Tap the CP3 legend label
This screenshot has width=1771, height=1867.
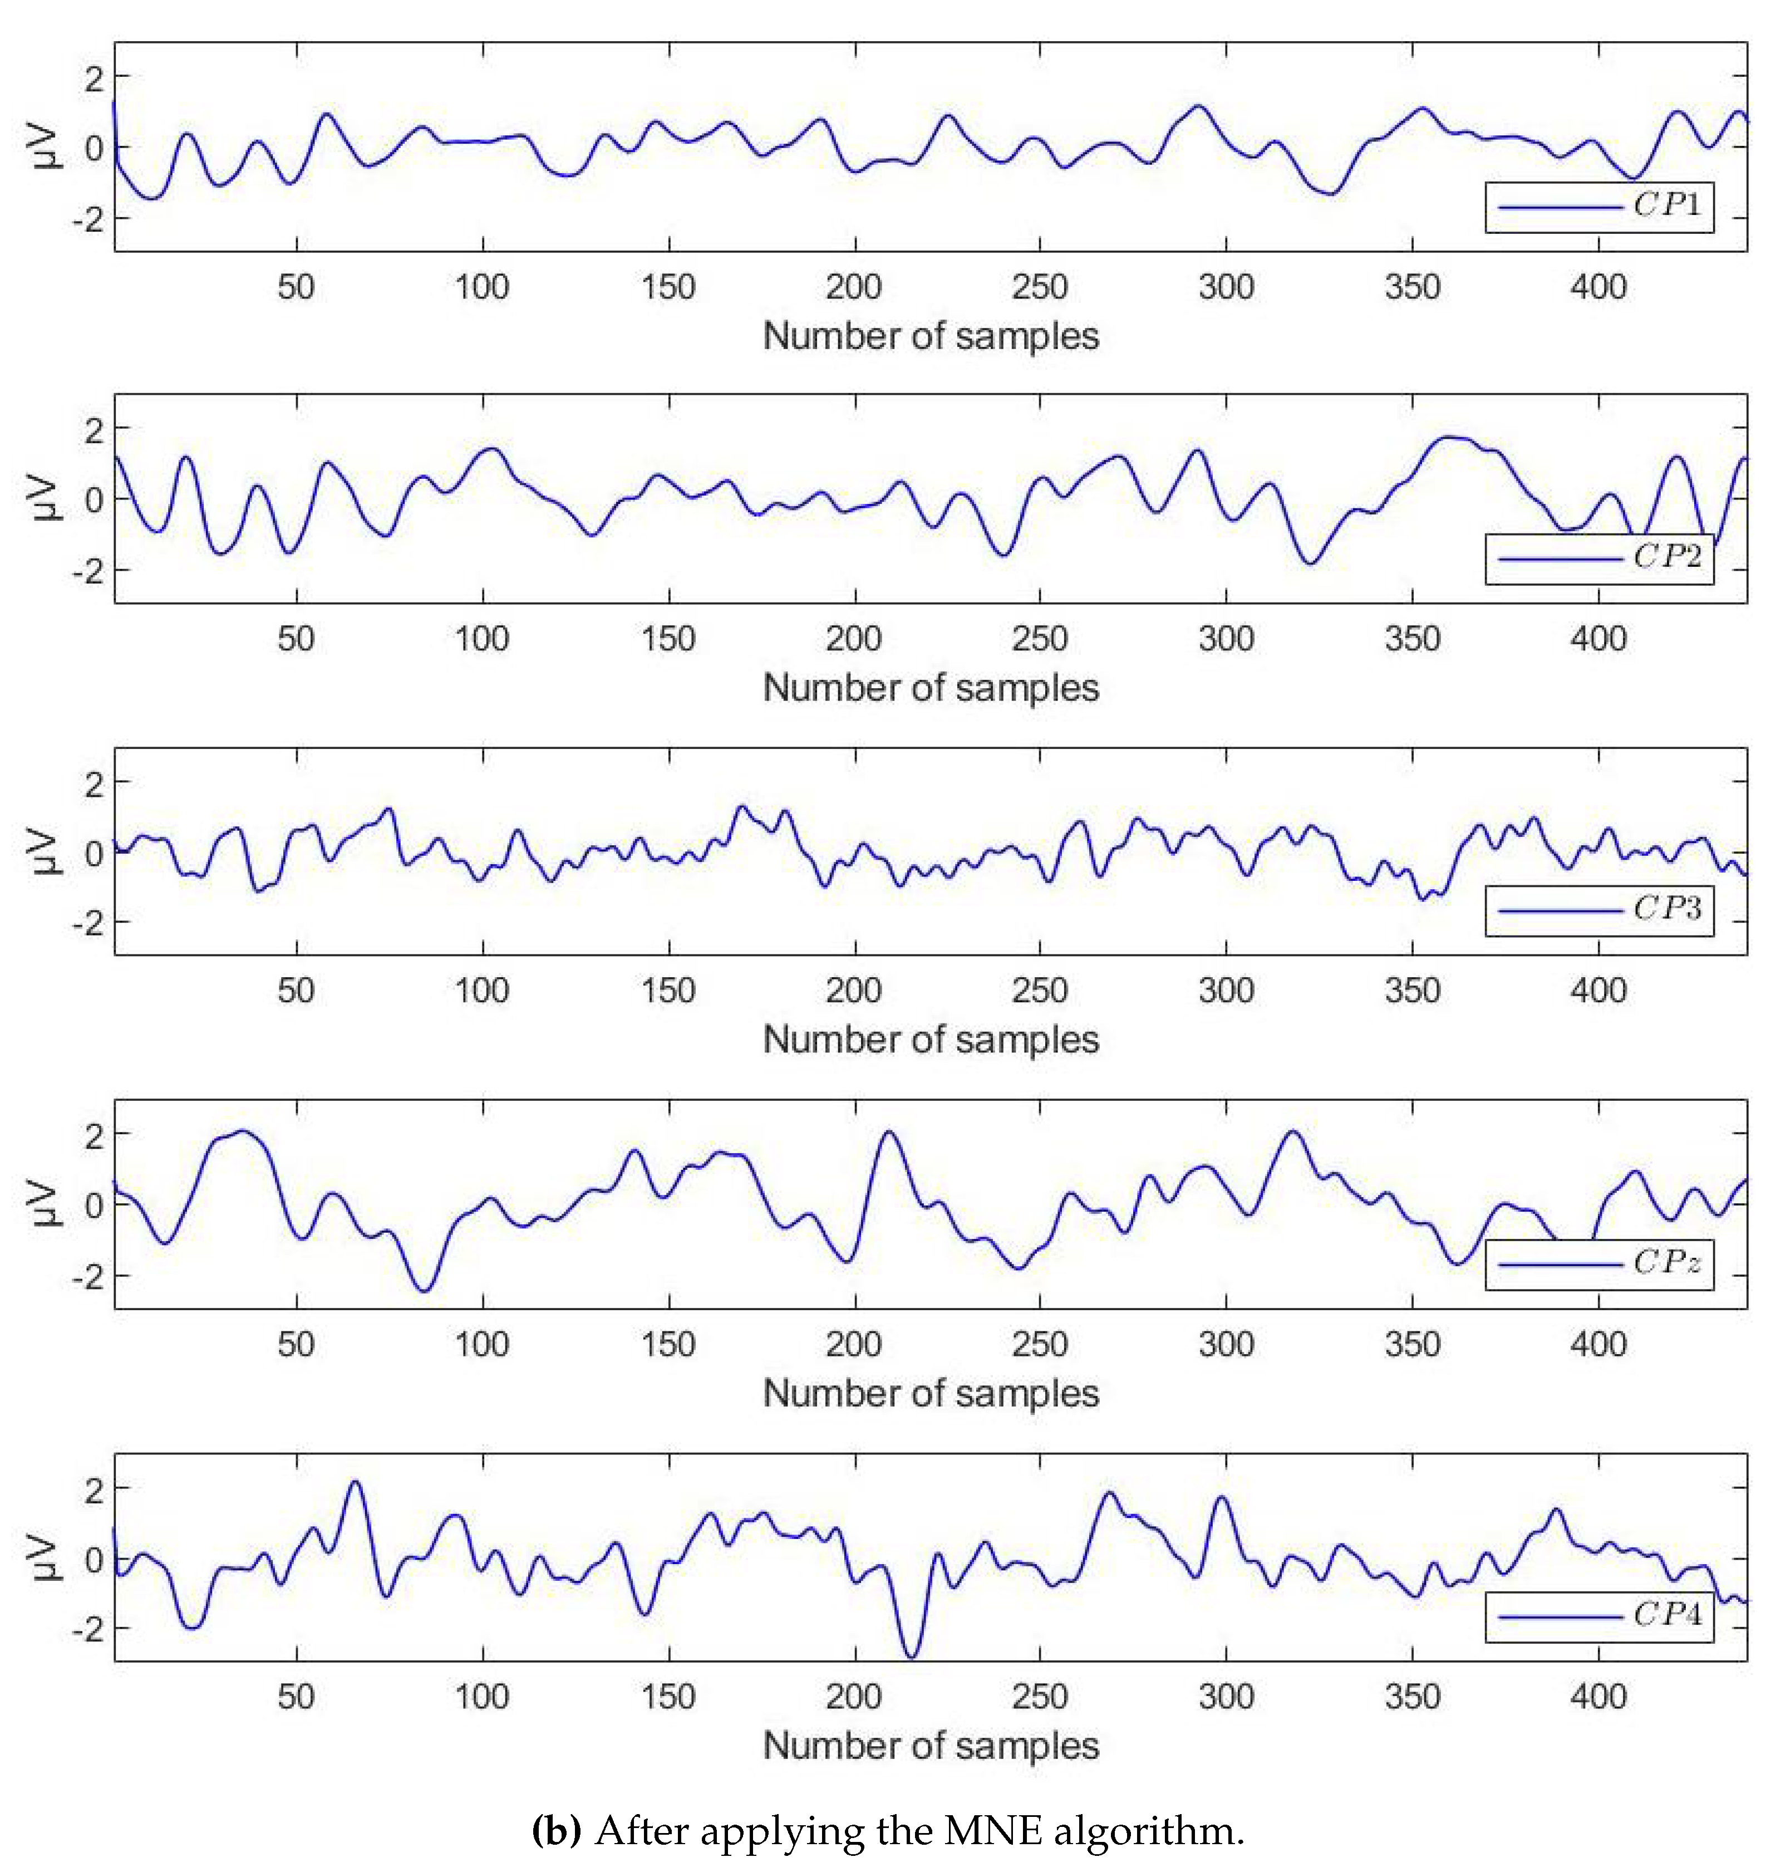click(1667, 909)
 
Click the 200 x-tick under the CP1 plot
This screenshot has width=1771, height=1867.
click(853, 286)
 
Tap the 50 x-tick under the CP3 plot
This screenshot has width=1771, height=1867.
click(296, 991)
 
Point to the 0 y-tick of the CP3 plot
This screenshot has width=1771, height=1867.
click(94, 854)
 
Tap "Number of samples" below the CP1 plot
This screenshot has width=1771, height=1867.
click(931, 336)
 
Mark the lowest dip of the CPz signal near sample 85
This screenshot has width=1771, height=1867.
click(425, 1290)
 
